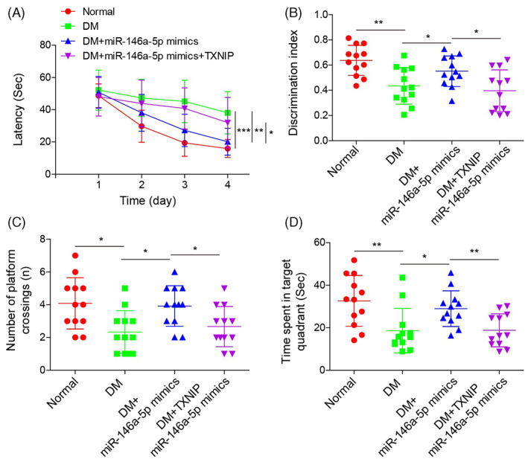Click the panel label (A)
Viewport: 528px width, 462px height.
click(x=16, y=13)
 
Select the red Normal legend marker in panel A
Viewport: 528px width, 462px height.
click(x=69, y=11)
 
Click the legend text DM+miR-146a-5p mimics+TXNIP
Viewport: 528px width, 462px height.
click(x=159, y=56)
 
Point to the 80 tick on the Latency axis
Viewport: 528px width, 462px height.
click(x=45, y=45)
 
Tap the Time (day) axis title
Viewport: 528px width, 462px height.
click(x=148, y=201)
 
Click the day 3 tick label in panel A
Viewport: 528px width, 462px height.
click(x=185, y=185)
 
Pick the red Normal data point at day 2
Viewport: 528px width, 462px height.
click(x=141, y=126)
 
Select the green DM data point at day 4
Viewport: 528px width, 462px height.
click(x=228, y=113)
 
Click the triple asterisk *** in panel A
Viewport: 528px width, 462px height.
click(x=244, y=130)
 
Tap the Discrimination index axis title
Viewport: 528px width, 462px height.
click(x=293, y=83)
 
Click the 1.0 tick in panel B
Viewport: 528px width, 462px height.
click(x=321, y=14)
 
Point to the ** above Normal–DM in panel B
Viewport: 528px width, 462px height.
click(x=378, y=23)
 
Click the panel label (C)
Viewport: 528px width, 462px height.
click(x=16, y=222)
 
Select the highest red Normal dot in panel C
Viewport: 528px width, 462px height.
click(x=75, y=255)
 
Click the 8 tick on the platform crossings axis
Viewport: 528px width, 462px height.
click(x=42, y=239)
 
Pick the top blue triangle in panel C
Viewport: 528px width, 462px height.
click(x=174, y=272)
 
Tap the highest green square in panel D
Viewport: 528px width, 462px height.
click(x=402, y=277)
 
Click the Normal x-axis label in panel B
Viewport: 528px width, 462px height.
click(x=343, y=161)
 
